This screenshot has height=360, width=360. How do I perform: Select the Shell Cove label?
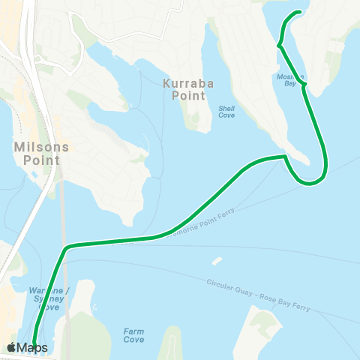[x=226, y=112]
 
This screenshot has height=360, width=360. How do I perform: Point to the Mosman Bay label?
[x=289, y=80]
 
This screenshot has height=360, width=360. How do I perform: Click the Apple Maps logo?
[x=27, y=347]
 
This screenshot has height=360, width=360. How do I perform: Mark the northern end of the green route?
[x=301, y=12]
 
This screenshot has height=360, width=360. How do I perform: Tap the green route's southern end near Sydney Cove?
[x=34, y=346]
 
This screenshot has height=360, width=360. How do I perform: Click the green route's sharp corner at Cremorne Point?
[x=285, y=156]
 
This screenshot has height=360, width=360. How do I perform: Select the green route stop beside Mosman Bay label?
[x=304, y=85]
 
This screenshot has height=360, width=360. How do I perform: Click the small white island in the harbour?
[x=216, y=262]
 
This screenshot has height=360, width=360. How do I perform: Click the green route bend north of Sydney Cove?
[x=67, y=247]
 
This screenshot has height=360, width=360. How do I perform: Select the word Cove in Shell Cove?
[x=226, y=116]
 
